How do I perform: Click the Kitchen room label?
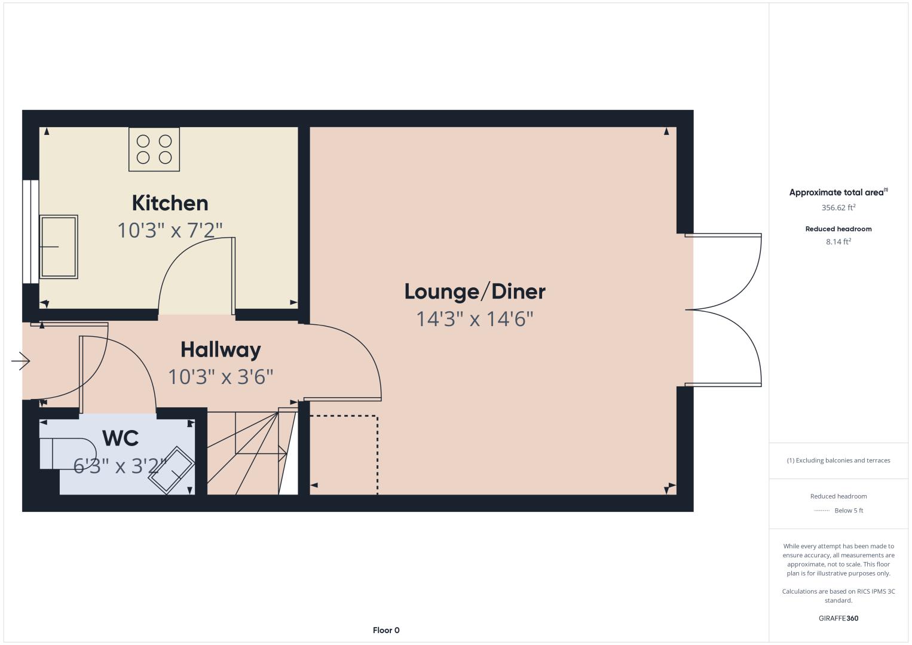[x=170, y=203]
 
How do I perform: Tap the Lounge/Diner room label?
[x=475, y=292]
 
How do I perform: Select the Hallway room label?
[x=221, y=351]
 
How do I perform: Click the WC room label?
[x=121, y=438]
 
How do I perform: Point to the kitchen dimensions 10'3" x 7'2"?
[x=170, y=231]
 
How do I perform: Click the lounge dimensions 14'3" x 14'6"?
[x=475, y=319]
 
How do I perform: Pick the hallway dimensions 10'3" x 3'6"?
[x=221, y=377]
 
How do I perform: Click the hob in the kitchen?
[x=154, y=149]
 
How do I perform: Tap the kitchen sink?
[x=59, y=247]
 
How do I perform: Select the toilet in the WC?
[x=68, y=453]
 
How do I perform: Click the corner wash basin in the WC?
[x=171, y=471]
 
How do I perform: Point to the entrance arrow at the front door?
[x=20, y=361]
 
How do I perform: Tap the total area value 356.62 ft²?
[x=838, y=208]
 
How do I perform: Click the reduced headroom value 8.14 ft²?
[x=838, y=242]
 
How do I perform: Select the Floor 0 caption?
[x=386, y=630]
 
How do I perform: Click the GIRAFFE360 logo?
[x=838, y=618]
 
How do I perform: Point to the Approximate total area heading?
[x=838, y=192]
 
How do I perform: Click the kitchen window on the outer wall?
[x=30, y=232]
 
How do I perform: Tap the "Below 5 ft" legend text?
[x=849, y=510]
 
